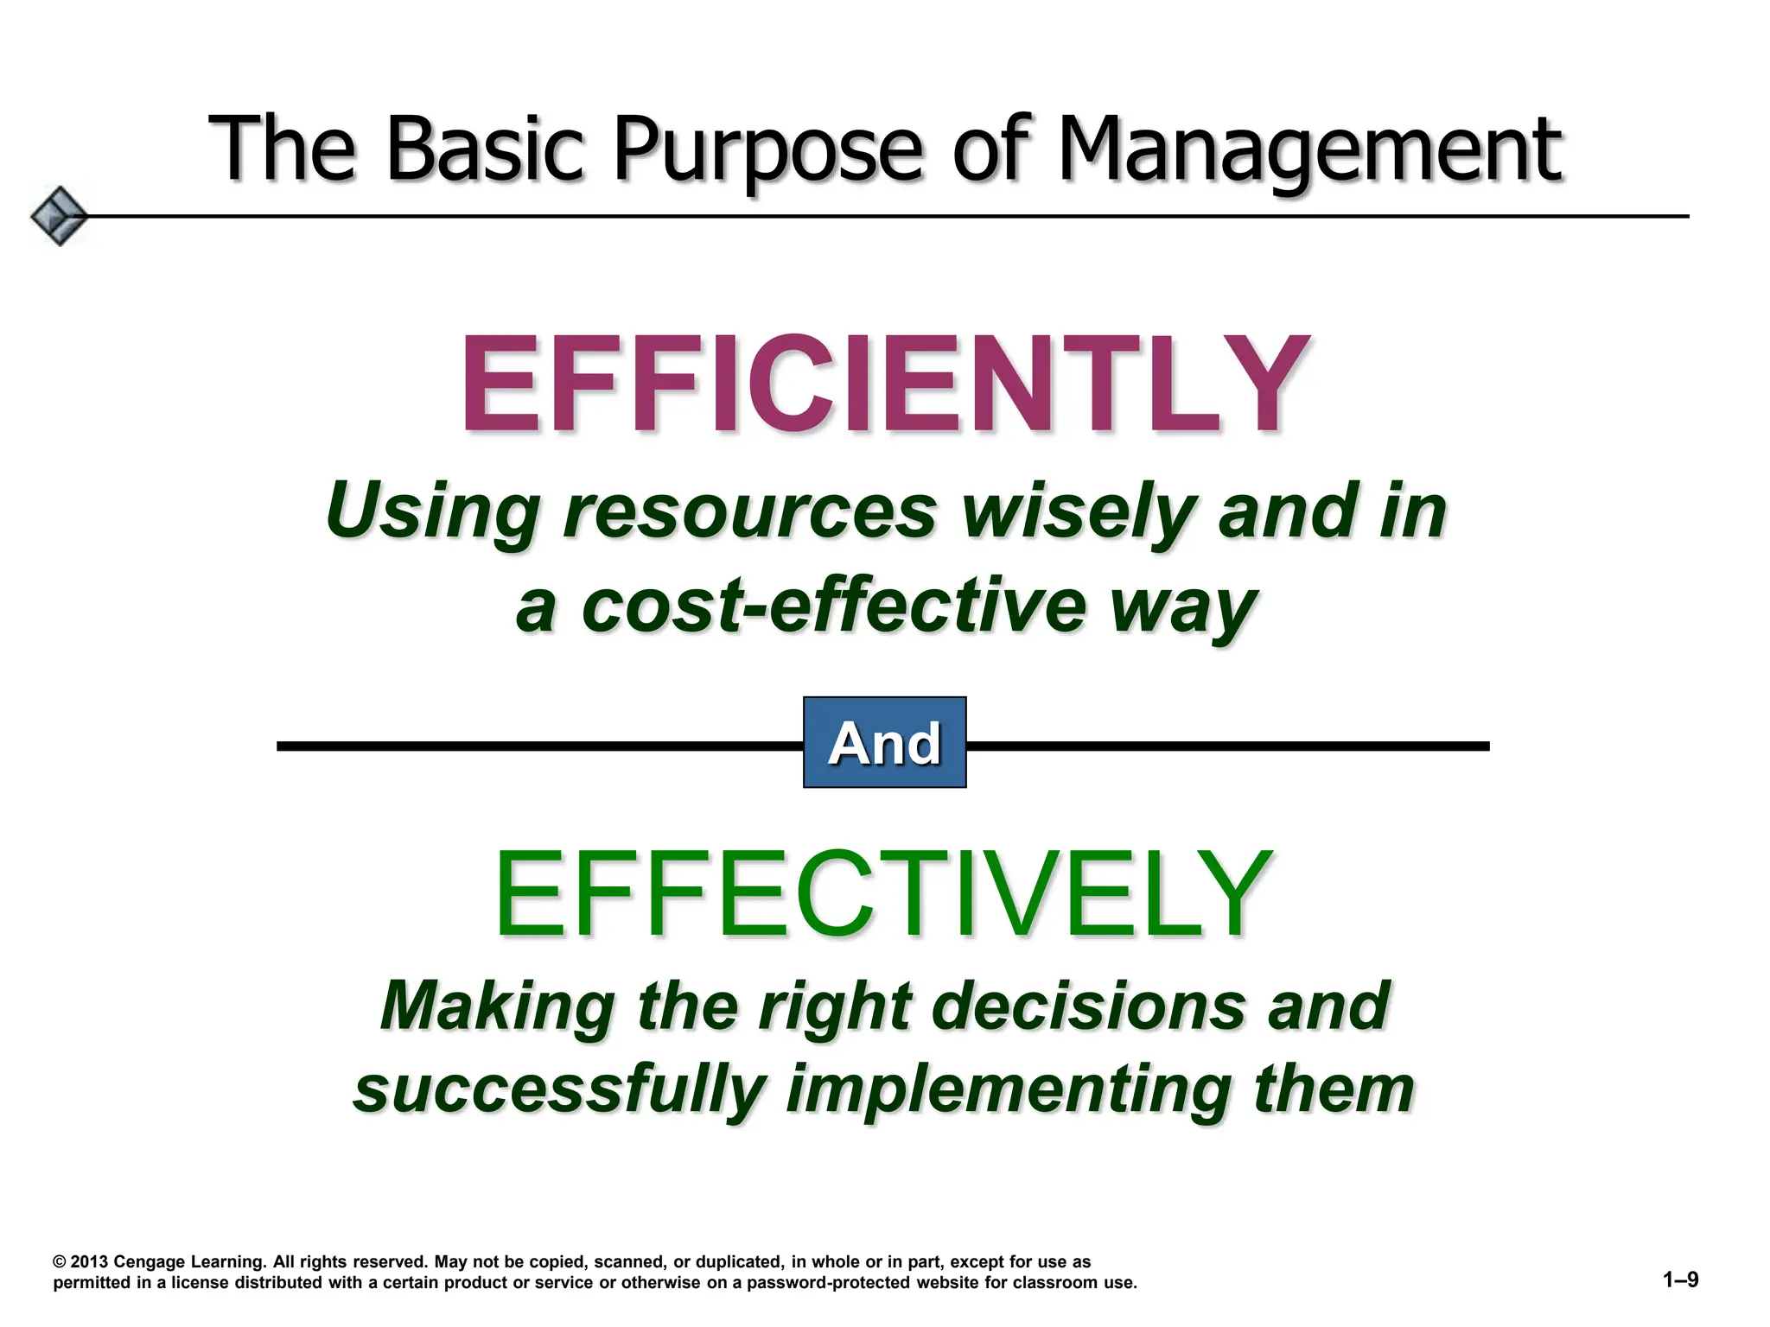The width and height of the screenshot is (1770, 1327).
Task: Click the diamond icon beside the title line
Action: click(x=59, y=216)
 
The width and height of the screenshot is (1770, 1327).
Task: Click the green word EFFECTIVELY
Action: click(x=883, y=894)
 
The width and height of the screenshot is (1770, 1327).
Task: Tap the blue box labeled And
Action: click(x=884, y=742)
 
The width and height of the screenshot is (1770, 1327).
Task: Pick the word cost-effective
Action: click(x=833, y=606)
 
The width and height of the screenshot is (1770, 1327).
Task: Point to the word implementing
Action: click(x=1007, y=1090)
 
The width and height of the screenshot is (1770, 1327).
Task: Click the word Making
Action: click(x=497, y=1006)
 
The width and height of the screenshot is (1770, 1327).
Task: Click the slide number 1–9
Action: click(x=1680, y=1279)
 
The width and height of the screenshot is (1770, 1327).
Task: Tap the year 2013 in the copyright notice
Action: click(x=89, y=1261)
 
